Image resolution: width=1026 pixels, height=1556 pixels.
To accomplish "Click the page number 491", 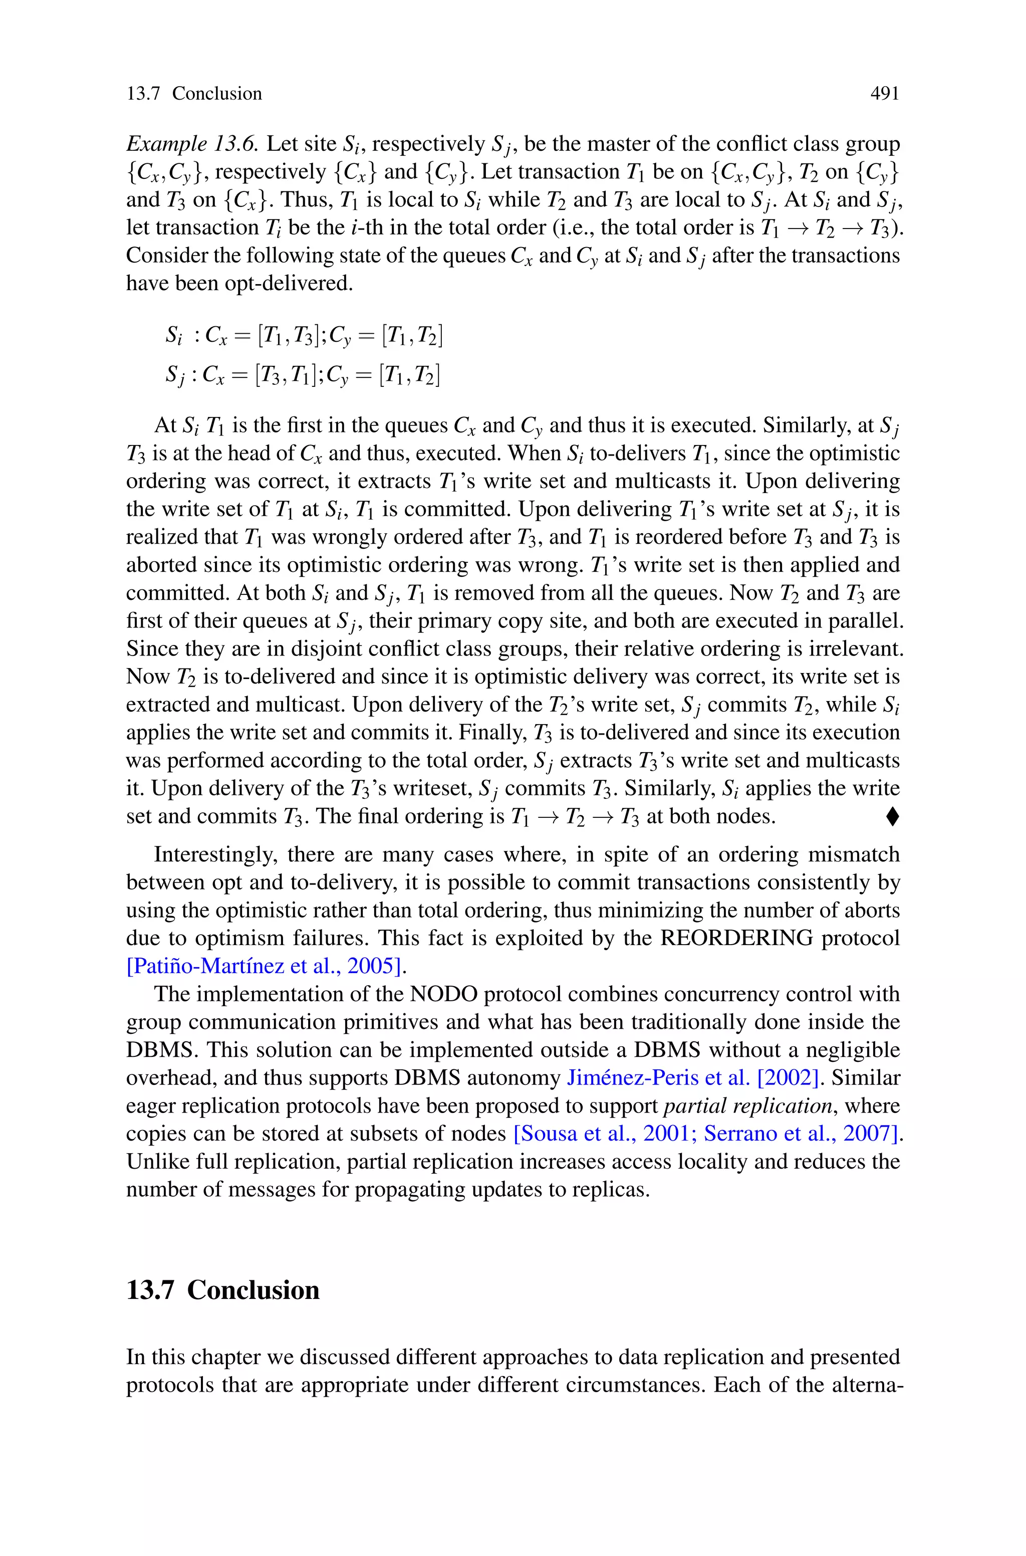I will (885, 94).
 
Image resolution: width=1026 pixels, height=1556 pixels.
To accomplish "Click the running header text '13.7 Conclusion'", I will (194, 94).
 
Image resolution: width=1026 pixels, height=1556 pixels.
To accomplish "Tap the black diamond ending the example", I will (893, 817).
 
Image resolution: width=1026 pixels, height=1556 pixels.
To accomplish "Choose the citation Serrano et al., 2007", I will (798, 1134).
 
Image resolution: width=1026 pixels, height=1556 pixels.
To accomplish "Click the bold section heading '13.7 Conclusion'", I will (222, 1290).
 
